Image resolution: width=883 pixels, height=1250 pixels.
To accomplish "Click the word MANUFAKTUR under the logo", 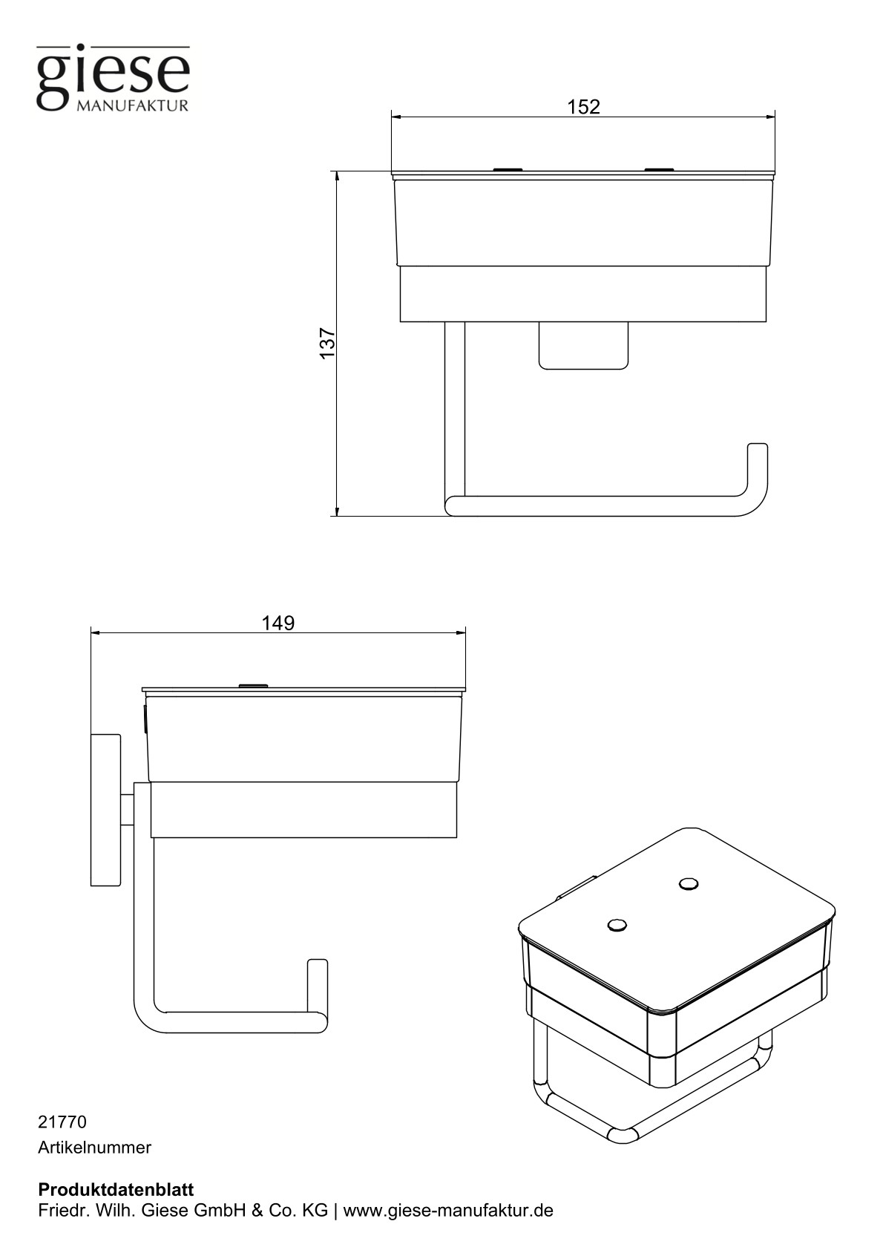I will click(133, 105).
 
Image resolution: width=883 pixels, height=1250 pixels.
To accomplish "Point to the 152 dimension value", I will click(583, 107).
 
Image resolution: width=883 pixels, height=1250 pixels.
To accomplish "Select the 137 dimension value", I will click(327, 343).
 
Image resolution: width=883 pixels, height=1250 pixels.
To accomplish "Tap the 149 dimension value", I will click(278, 623).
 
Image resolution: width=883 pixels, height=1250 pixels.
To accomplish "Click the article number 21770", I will click(62, 1122).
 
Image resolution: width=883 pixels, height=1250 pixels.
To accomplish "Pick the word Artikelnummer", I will click(94, 1148).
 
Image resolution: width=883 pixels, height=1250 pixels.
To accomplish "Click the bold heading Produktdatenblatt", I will click(116, 1189).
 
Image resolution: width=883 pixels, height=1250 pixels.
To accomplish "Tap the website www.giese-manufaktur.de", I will click(448, 1211).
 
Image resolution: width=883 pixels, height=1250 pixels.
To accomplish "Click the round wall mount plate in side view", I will click(105, 810).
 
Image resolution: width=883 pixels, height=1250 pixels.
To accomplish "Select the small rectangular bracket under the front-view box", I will click(583, 346).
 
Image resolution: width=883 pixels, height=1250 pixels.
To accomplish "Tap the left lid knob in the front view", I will click(508, 170).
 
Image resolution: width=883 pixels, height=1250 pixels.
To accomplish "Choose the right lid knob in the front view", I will click(659, 170).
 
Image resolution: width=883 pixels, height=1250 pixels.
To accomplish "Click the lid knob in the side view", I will click(252, 685).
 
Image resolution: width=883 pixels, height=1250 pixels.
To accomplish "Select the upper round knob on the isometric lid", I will click(688, 883).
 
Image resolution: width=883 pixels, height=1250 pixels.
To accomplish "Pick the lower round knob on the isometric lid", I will click(617, 925).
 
